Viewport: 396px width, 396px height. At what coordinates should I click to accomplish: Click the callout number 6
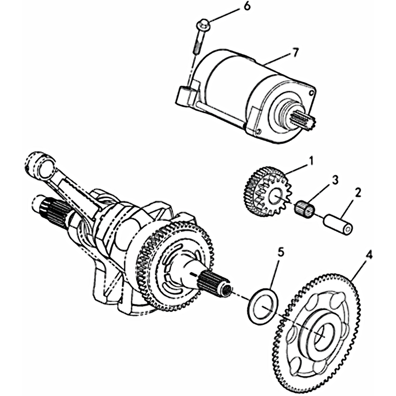pyautogui.click(x=247, y=6)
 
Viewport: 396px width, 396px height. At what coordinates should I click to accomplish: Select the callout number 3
pyautogui.click(x=335, y=181)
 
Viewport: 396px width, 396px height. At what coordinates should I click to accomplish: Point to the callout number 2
pyautogui.click(x=357, y=193)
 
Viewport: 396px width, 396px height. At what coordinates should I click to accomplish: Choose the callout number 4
pyautogui.click(x=369, y=255)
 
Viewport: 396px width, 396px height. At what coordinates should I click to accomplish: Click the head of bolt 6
pyautogui.click(x=203, y=25)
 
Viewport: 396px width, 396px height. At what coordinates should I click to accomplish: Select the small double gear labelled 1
pyautogui.click(x=265, y=193)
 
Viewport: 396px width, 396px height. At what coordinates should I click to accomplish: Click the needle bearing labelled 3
pyautogui.click(x=304, y=209)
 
